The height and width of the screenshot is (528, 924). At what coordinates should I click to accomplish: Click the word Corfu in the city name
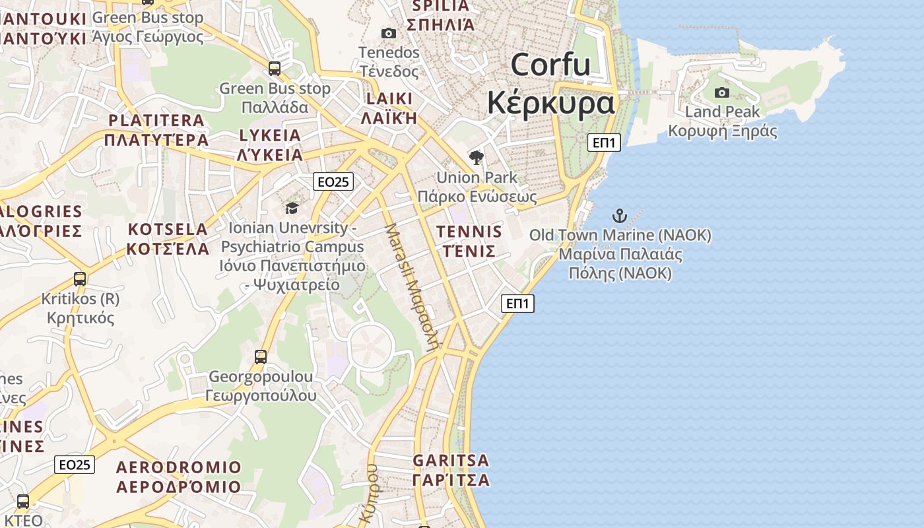[550, 65]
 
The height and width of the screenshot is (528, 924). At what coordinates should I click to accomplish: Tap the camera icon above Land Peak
[722, 92]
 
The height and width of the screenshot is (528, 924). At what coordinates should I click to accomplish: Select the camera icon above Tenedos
[389, 33]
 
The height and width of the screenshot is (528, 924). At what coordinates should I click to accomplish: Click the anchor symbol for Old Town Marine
[619, 215]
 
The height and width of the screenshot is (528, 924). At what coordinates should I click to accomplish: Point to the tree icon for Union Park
[476, 158]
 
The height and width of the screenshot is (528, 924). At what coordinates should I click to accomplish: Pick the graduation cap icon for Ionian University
[292, 209]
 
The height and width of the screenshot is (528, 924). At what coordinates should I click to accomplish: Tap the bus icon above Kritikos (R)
[80, 279]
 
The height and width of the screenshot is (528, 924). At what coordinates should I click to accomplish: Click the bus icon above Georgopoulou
[261, 357]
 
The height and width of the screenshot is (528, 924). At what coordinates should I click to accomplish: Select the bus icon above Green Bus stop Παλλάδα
[274, 68]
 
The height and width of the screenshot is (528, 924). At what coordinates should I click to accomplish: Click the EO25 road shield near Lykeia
[333, 181]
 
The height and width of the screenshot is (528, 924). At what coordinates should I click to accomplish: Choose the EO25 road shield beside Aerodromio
[75, 465]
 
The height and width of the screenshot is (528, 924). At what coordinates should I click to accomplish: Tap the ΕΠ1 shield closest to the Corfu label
[604, 142]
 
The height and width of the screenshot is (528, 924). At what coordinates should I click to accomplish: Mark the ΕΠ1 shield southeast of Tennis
[517, 304]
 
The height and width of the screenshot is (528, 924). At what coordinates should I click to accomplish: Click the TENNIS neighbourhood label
[469, 232]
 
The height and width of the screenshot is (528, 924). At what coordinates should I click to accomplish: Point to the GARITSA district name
[451, 460]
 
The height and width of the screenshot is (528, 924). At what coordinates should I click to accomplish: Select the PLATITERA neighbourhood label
[156, 121]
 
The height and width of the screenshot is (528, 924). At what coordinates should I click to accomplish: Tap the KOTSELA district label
[168, 230]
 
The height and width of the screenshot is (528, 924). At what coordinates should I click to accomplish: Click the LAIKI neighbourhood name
[389, 99]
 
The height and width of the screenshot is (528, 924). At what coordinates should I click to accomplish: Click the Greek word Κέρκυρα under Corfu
[551, 103]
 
